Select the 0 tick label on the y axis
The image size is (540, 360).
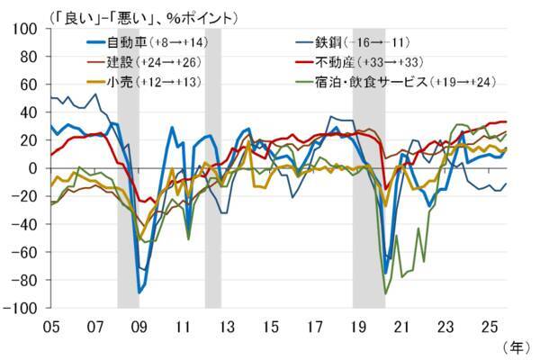click(x=34, y=168)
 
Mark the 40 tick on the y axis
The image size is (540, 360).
click(x=30, y=112)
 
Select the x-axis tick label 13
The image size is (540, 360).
click(x=227, y=325)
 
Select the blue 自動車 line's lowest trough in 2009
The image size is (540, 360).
click(x=139, y=292)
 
